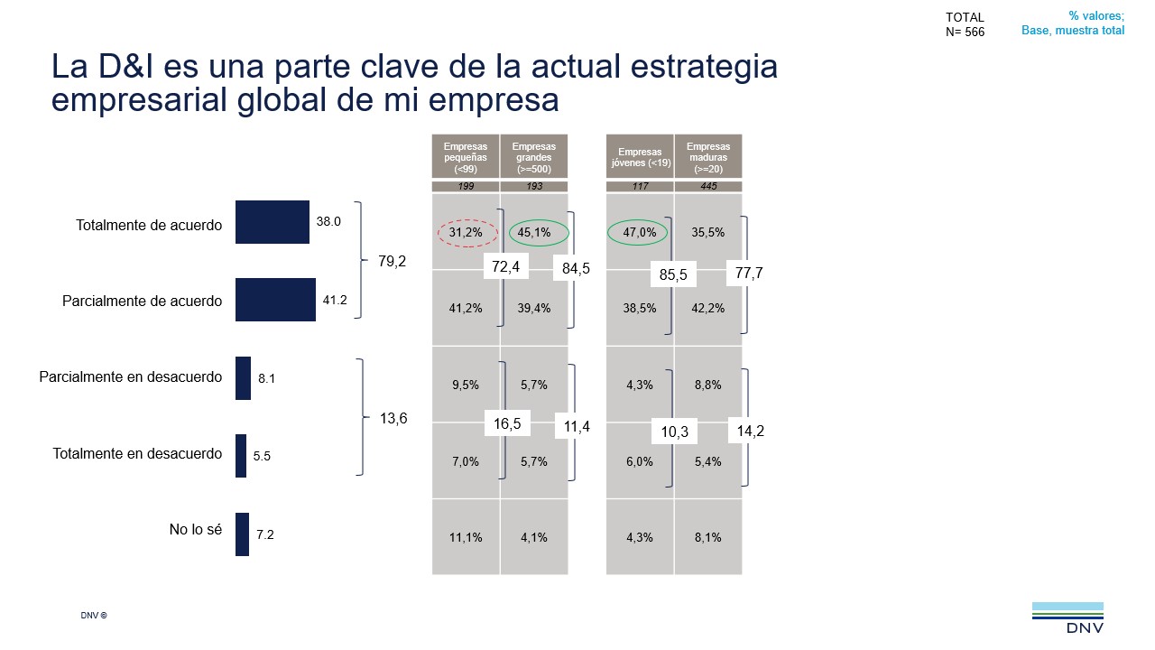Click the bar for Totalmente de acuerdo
click(x=272, y=222)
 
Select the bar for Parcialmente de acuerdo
click(x=275, y=300)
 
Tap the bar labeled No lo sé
click(x=242, y=534)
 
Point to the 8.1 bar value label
click(x=266, y=379)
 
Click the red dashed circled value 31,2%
click(x=467, y=233)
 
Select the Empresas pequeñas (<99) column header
click(x=466, y=156)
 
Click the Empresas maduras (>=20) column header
click(x=708, y=156)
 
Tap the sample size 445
click(x=708, y=187)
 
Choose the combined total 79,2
click(x=393, y=262)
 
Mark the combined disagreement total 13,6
click(x=393, y=418)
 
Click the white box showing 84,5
click(x=571, y=268)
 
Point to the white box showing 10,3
click(x=674, y=432)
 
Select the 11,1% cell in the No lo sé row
click(x=466, y=537)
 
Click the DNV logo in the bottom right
click(x=1067, y=618)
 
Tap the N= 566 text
click(x=965, y=32)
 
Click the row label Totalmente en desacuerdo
click(x=137, y=454)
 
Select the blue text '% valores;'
click(x=1096, y=15)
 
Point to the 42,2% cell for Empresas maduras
click(x=708, y=308)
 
